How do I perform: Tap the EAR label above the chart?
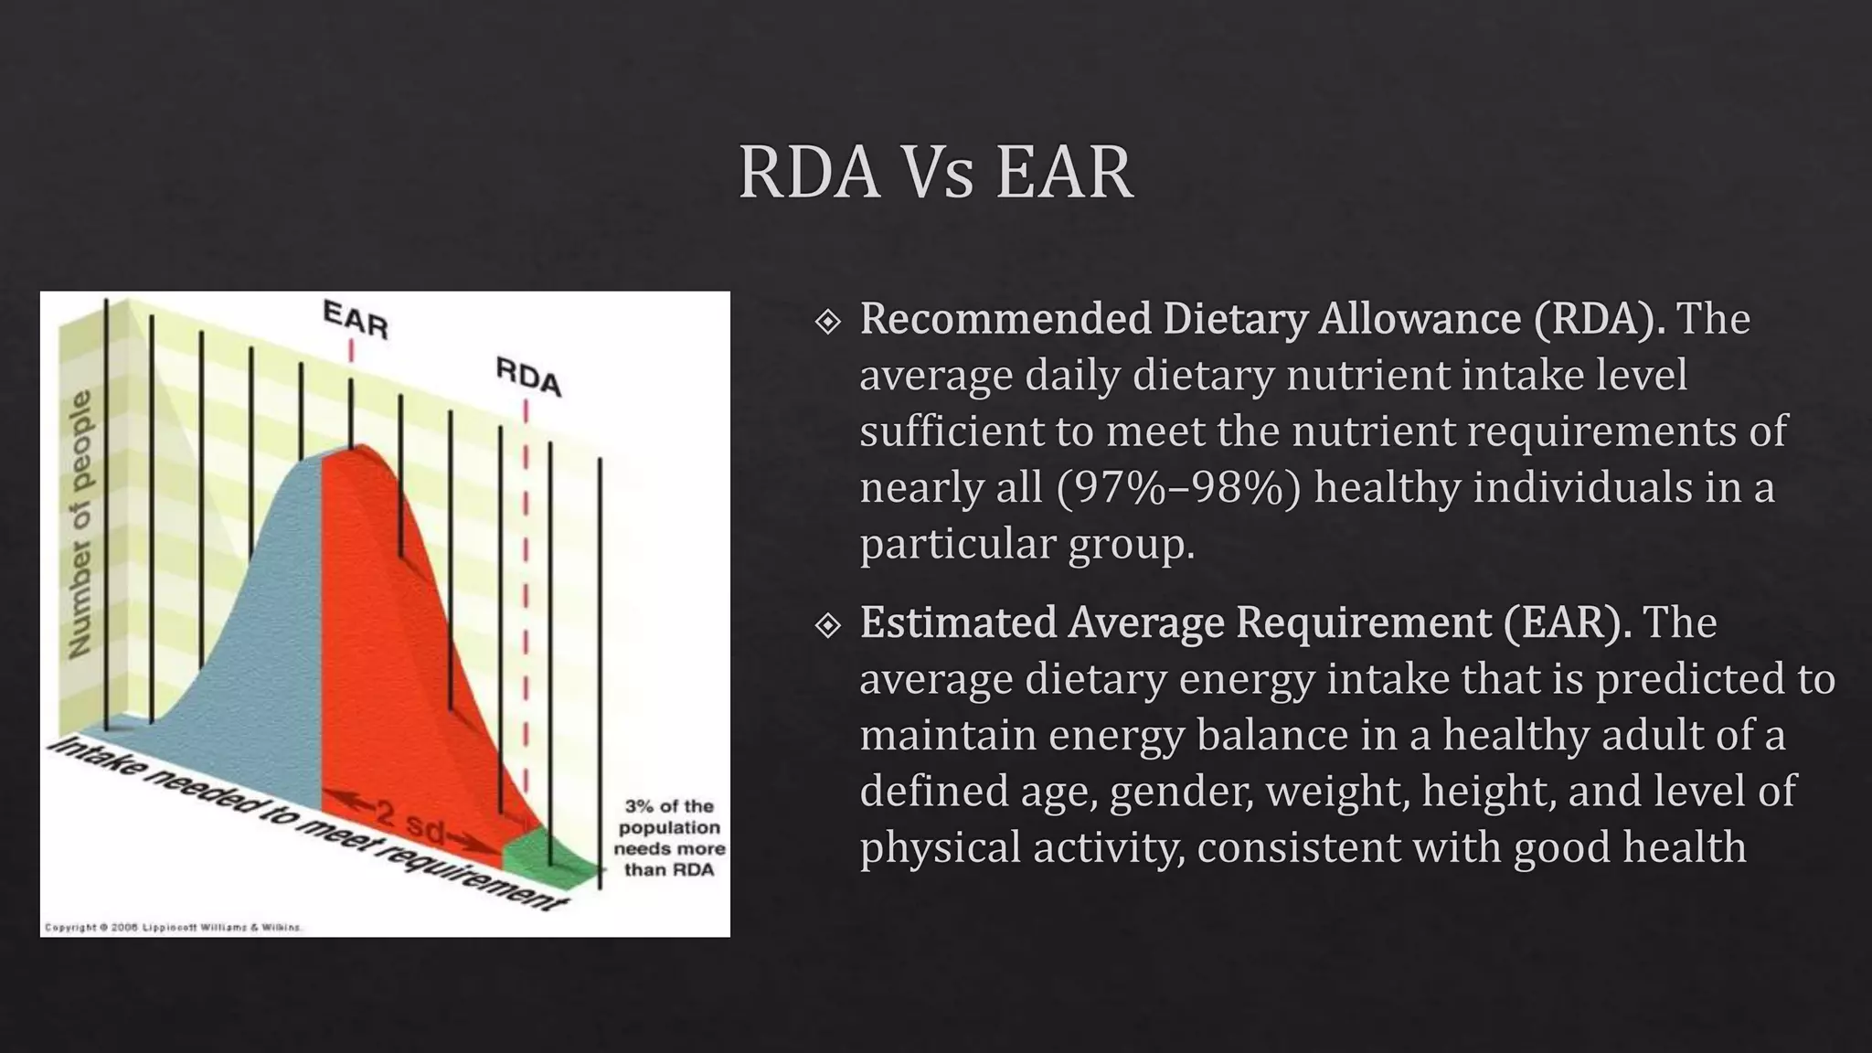click(356, 320)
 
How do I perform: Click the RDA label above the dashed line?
click(528, 376)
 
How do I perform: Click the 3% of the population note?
click(668, 837)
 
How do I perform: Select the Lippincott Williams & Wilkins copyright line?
click(173, 927)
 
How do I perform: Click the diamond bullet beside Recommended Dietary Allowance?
click(827, 321)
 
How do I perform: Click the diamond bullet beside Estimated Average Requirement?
click(827, 625)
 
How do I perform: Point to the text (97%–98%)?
click(1177, 487)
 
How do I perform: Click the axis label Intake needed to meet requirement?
click(302, 823)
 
